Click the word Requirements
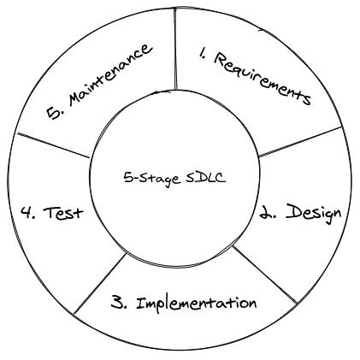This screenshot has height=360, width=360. pyautogui.click(x=263, y=79)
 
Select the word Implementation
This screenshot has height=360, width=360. pyautogui.click(x=197, y=304)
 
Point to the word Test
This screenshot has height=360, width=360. pyautogui.click(x=63, y=212)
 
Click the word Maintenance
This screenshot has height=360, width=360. pyautogui.click(x=109, y=75)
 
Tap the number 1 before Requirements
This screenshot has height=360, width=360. pyautogui.click(x=202, y=54)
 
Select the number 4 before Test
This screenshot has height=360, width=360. pyautogui.click(x=28, y=213)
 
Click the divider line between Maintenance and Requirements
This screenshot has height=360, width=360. pyautogui.click(x=175, y=49)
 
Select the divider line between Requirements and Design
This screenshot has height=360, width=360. pyautogui.click(x=300, y=142)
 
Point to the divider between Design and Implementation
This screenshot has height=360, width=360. pyautogui.click(x=265, y=274)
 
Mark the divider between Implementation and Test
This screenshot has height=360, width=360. pyautogui.click(x=100, y=284)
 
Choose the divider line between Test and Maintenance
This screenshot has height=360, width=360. pyautogui.click(x=53, y=145)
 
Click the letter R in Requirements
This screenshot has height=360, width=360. pyautogui.click(x=221, y=59)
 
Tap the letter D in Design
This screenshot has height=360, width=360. pyautogui.click(x=293, y=212)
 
